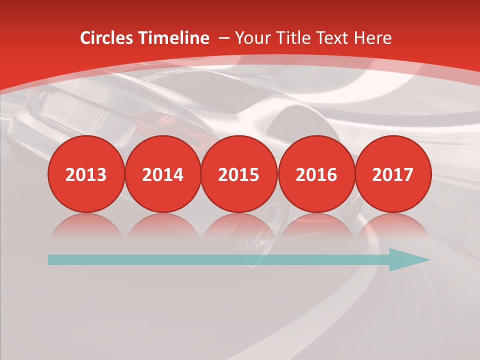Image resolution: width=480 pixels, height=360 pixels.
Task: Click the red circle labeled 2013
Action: [x=86, y=174]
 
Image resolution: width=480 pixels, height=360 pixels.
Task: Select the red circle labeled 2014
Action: [x=162, y=174]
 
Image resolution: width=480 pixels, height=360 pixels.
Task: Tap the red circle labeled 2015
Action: [x=239, y=174]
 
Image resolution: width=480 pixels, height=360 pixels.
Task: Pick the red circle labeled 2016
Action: [x=316, y=174]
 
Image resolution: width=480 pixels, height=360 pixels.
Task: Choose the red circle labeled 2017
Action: [x=392, y=174]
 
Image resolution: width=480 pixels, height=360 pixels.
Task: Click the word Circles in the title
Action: [x=107, y=38]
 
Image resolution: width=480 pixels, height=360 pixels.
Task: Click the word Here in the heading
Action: [x=372, y=38]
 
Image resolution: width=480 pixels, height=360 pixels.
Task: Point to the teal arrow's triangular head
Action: [x=407, y=259]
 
